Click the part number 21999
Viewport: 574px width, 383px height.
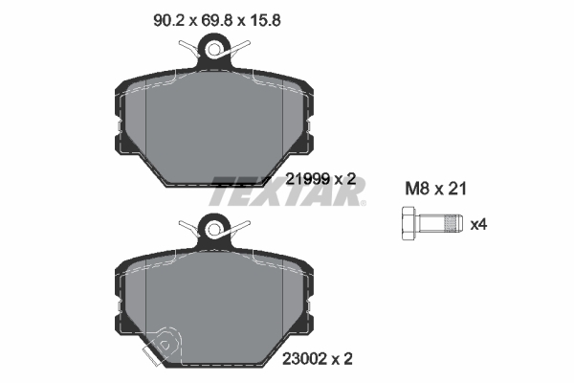pos(307,178)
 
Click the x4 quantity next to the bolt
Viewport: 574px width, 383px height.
pos(478,225)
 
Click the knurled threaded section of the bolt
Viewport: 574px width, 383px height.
pos(446,226)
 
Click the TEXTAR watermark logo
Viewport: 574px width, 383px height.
pos(287,191)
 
